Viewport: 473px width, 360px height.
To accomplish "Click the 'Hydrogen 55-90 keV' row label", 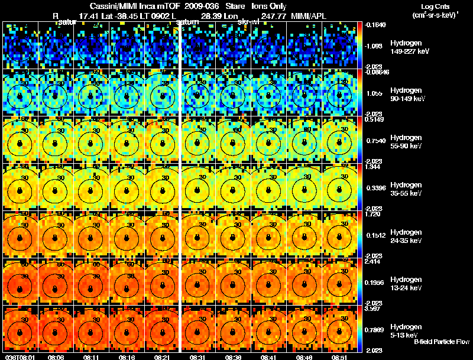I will [406, 142].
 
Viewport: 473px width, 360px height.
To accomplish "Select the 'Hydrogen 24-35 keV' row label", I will [406, 237].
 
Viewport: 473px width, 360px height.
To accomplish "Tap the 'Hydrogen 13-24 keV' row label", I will [406, 284].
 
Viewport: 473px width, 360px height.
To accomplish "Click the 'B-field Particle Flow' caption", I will [442, 342].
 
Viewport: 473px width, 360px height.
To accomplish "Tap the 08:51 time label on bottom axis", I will [340, 357].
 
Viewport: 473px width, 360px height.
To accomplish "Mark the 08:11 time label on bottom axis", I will [91, 357].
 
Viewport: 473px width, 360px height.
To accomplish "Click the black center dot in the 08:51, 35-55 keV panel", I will [340, 190].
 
